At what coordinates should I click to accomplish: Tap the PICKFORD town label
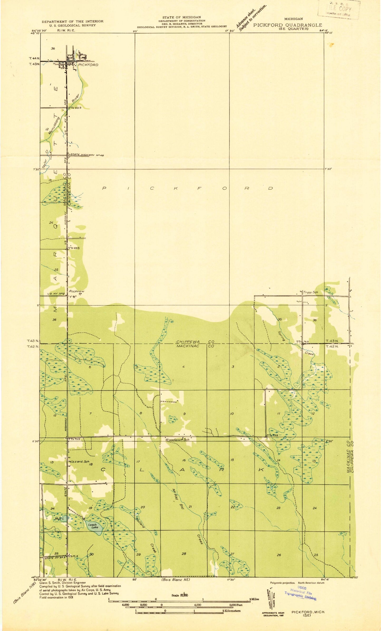88,65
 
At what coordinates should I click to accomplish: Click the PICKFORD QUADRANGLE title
288,25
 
